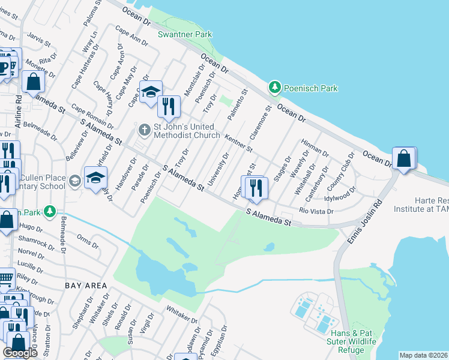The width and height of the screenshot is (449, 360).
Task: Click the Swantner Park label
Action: coord(184,34)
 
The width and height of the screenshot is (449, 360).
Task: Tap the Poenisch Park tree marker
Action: coord(275,88)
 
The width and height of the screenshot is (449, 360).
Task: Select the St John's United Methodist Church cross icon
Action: coord(144,129)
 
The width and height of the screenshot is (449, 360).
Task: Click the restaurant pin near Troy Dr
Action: coord(169,107)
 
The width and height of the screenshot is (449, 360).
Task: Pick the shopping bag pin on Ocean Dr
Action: coord(405,159)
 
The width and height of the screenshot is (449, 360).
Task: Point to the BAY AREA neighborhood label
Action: coord(87,285)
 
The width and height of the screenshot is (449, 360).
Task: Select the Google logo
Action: coord(20,353)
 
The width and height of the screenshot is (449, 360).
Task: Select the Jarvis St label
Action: coord(39,40)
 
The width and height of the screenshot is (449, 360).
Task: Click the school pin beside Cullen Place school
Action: coord(95,178)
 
